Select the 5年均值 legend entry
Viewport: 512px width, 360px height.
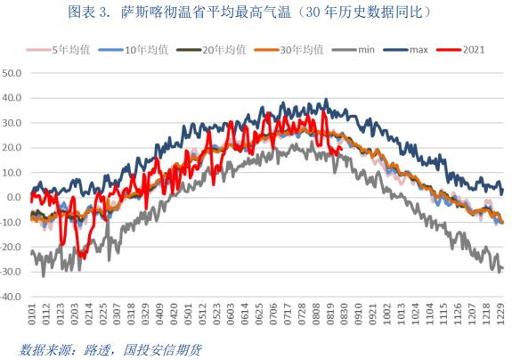pyautogui.click(x=63, y=51)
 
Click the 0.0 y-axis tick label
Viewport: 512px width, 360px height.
pyautogui.click(x=16, y=198)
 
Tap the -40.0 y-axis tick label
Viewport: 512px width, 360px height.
pyautogui.click(x=12, y=299)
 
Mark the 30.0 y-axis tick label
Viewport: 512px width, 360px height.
pyautogui.click(x=13, y=123)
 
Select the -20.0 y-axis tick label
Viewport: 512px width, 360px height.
pyautogui.click(x=12, y=249)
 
